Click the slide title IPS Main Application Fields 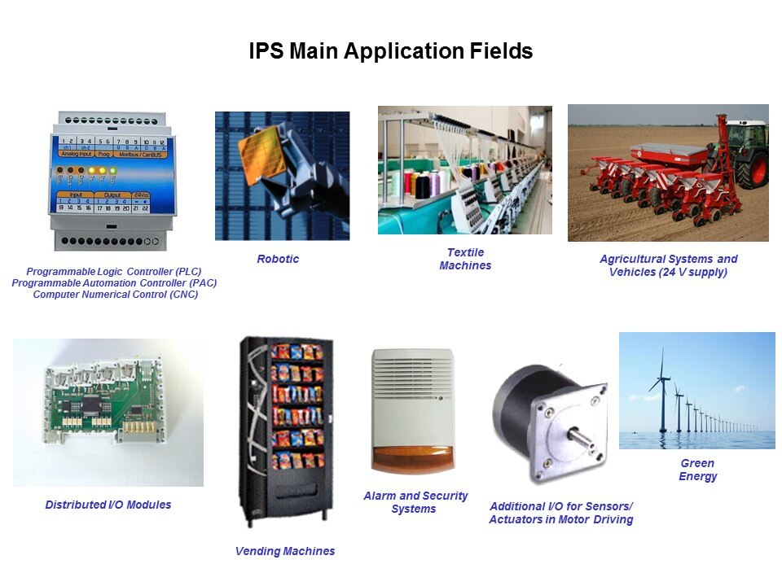[390, 51]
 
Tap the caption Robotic [278, 259]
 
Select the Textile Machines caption [465, 259]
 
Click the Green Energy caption [698, 470]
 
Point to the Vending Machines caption [285, 551]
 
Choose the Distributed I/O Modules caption [108, 505]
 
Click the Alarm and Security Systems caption [415, 502]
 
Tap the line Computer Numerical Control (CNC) [116, 295]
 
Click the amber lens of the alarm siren [413, 458]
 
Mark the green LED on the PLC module [113, 170]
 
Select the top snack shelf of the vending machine [297, 352]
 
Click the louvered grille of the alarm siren [413, 374]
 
